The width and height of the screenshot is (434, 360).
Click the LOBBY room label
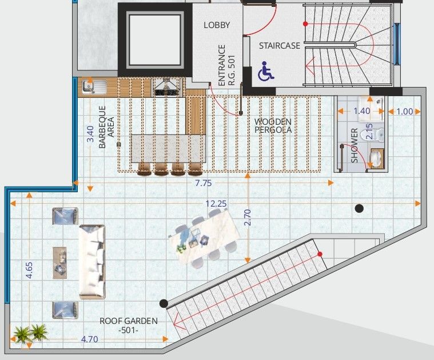point(217,25)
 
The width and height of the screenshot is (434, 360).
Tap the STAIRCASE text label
point(280,46)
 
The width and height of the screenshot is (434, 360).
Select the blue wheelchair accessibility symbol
point(266,73)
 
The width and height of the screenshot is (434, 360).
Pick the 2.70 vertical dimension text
point(248,217)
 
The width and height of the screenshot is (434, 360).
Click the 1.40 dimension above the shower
point(361,112)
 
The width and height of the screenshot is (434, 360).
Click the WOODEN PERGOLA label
point(273,125)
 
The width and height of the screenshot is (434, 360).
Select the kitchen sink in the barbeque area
point(92,87)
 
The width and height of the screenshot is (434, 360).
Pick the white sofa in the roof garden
point(92,262)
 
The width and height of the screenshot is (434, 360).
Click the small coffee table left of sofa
point(59,263)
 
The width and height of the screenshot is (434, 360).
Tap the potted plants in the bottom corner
point(30,333)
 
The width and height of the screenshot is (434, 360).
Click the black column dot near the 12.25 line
point(359,208)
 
